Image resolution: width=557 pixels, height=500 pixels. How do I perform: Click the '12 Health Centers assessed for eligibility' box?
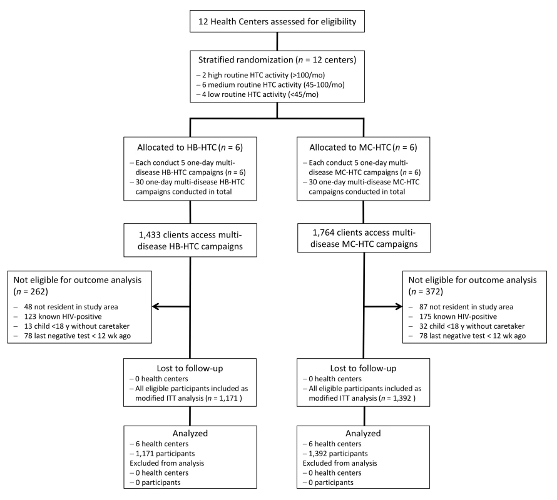tap(277, 21)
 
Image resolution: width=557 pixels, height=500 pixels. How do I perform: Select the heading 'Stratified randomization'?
tap(246, 59)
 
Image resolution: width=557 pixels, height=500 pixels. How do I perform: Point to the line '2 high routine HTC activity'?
tap(261, 75)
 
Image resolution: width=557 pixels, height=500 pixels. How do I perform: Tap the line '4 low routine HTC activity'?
tap(258, 94)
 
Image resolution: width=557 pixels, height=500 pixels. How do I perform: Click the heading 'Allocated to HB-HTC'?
tap(176, 147)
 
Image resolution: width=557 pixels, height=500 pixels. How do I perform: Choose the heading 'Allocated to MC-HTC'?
tap(350, 147)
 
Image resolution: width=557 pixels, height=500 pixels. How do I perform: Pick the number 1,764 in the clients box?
tap(324, 232)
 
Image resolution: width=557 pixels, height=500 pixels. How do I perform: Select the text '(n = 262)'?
tap(31, 292)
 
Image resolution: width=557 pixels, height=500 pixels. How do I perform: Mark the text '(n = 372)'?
tap(426, 292)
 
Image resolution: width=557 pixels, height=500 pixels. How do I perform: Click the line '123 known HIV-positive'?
tap(63, 316)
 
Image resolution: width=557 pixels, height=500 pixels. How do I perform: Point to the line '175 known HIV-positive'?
tap(458, 316)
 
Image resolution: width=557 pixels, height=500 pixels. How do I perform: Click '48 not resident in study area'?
tap(71, 307)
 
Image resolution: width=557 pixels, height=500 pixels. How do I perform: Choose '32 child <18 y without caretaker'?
tap(472, 326)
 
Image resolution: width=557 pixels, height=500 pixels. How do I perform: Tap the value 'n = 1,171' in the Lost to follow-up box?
tap(223, 398)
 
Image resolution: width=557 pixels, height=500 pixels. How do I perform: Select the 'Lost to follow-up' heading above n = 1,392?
tap(363, 368)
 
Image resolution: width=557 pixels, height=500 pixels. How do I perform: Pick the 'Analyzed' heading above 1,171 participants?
tap(190, 433)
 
